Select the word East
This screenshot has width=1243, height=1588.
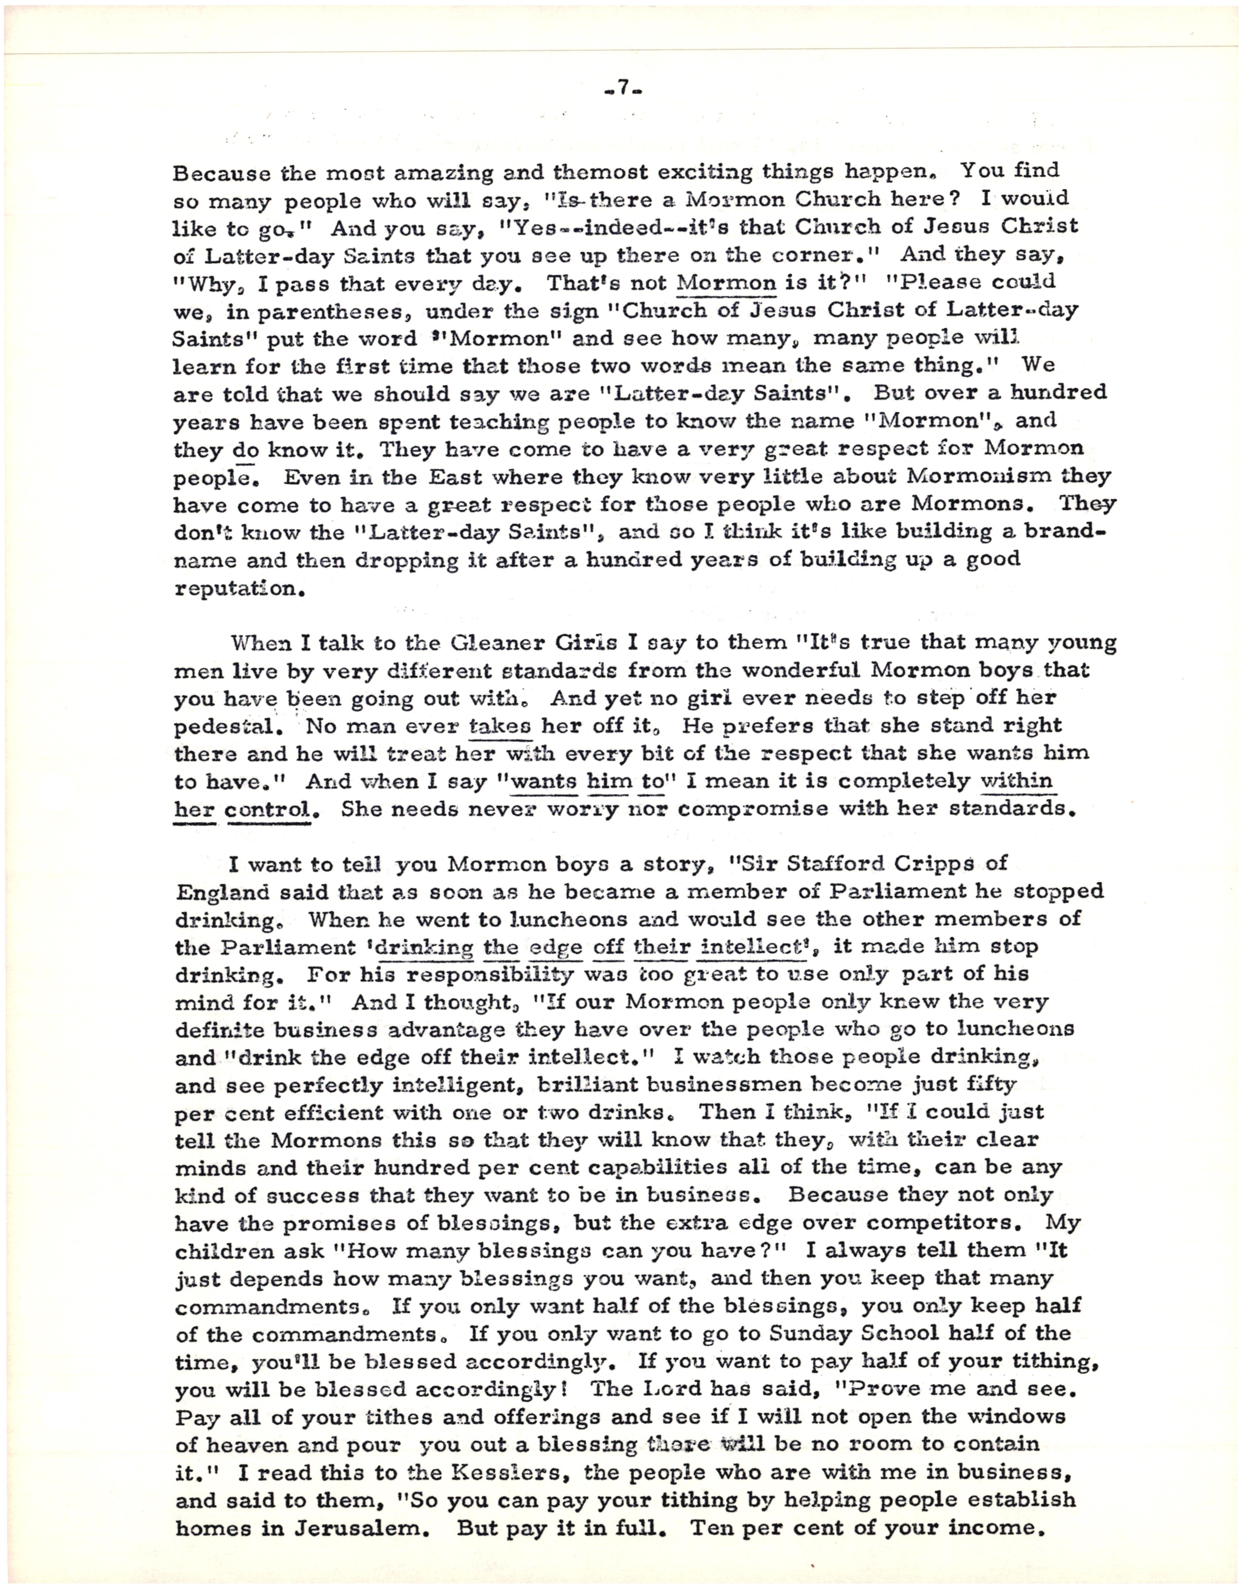tap(457, 477)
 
